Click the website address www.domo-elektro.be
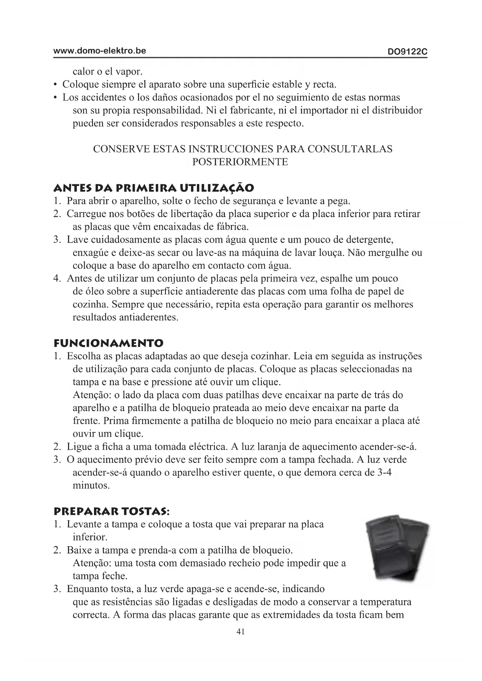pyautogui.click(x=99, y=51)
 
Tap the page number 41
pyautogui.click(x=240, y=632)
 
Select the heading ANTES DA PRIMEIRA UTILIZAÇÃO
pyautogui.click(x=154, y=188)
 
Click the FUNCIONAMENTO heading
pyautogui.click(x=108, y=343)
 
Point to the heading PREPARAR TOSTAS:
pyautogui.click(x=111, y=511)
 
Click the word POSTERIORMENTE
pyautogui.click(x=240, y=162)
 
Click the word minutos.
pyautogui.click(x=91, y=486)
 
